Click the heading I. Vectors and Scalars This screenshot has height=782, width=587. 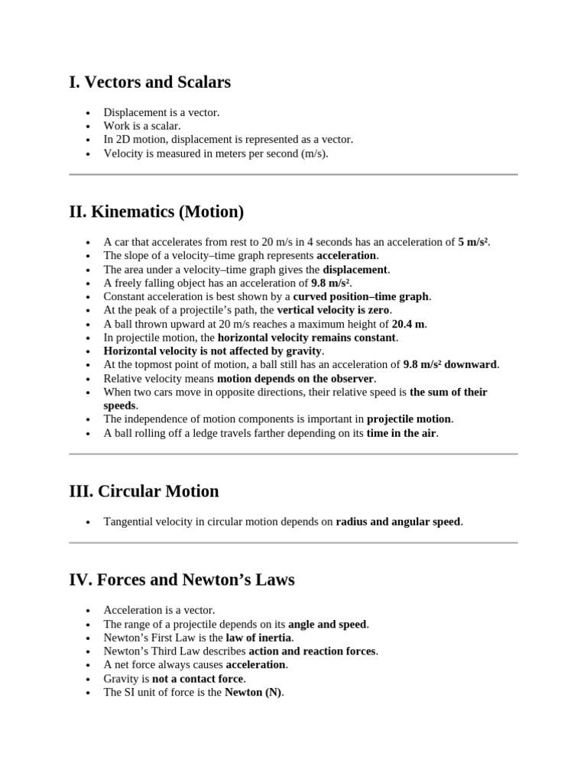[150, 82]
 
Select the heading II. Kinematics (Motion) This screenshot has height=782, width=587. [156, 211]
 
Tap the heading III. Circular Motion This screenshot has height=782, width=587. [144, 491]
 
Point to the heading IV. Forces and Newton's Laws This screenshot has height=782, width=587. [181, 580]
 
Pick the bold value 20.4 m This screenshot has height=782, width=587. [409, 324]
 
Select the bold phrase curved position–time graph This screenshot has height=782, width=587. [362, 296]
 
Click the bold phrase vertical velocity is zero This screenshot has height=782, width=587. [333, 310]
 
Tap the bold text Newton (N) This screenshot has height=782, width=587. [253, 693]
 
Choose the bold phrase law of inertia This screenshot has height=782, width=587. [259, 638]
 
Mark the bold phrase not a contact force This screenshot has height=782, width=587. [198, 679]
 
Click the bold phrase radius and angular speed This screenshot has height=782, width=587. [398, 522]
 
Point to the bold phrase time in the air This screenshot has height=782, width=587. [402, 433]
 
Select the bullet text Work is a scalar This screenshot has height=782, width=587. [142, 126]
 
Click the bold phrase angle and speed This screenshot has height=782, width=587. [327, 624]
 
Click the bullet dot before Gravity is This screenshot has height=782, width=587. [89, 679]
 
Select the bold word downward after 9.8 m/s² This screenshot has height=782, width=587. [471, 364]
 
